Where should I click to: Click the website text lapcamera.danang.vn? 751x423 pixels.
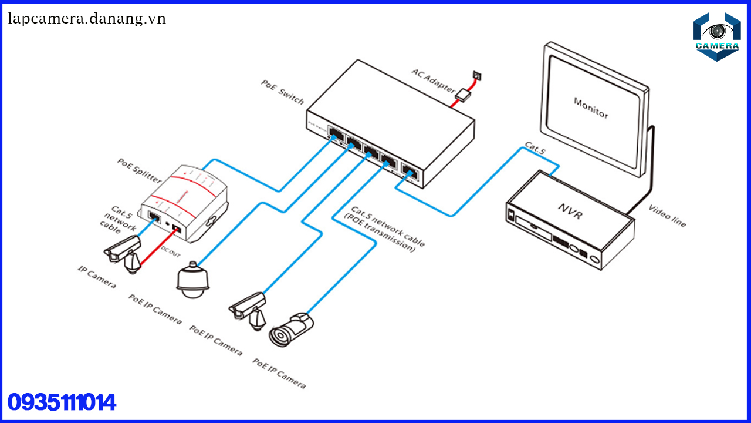click(87, 19)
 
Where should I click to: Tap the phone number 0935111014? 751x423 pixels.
click(62, 403)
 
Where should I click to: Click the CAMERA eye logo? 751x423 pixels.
click(716, 35)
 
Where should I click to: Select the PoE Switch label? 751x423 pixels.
click(283, 92)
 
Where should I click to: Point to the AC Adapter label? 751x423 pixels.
click(433, 80)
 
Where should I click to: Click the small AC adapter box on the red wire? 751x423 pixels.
click(464, 95)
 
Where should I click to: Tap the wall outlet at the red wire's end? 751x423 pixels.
click(476, 75)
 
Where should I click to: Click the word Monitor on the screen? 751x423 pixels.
click(591, 108)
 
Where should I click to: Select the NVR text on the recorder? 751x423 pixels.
click(570, 211)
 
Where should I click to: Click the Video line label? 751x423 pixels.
click(667, 216)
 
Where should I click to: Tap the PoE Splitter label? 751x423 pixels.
click(139, 170)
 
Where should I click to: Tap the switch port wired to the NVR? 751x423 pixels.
click(409, 173)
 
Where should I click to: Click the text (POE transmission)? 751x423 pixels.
click(380, 233)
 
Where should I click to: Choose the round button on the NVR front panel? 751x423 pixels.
click(596, 259)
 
